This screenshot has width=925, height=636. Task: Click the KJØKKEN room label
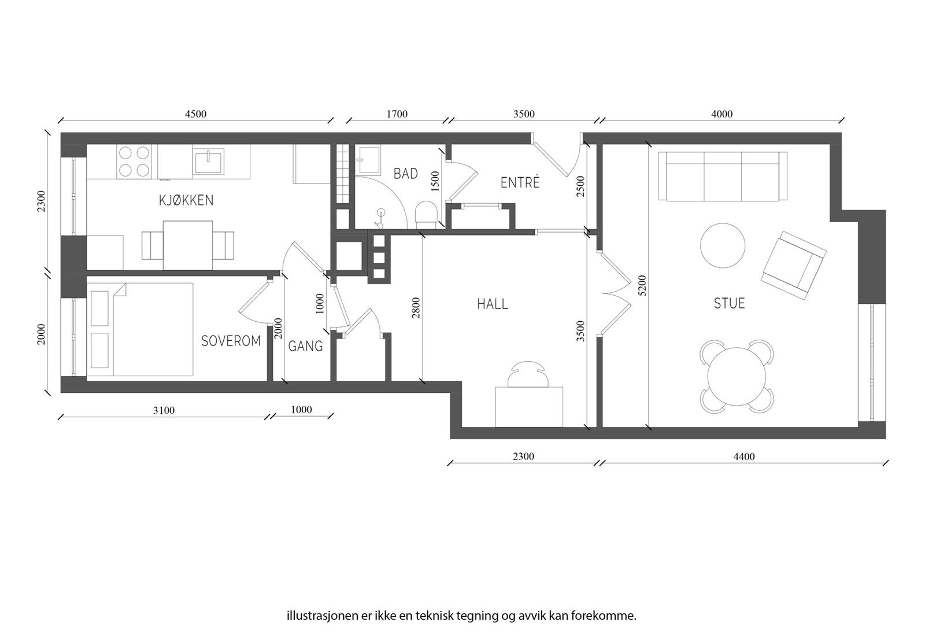click(186, 200)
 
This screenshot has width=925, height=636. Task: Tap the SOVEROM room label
click(231, 341)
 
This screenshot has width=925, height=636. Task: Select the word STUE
click(729, 303)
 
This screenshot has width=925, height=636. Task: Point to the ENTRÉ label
click(520, 182)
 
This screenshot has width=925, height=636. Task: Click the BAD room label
click(405, 174)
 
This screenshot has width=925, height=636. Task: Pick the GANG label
click(305, 346)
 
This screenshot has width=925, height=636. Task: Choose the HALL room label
click(493, 304)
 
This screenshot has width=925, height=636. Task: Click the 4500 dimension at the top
click(195, 114)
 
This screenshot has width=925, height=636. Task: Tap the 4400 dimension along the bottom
click(743, 457)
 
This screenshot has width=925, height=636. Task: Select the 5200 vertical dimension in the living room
click(642, 285)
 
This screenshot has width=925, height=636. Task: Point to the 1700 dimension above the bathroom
click(397, 114)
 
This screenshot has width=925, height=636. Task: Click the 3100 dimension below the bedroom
click(164, 410)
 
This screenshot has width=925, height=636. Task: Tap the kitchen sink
click(208, 161)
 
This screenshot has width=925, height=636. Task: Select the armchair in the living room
click(793, 265)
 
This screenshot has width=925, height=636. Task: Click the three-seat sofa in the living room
click(723, 177)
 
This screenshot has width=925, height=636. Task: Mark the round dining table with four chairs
click(737, 376)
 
